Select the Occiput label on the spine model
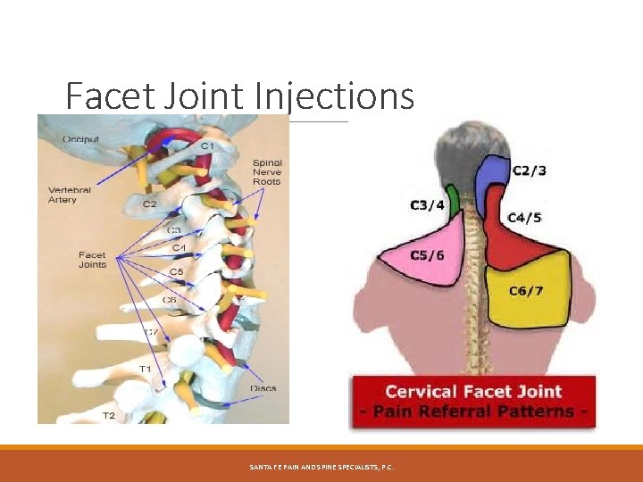(80, 138)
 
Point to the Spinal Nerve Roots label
(267, 172)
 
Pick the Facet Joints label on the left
(92, 260)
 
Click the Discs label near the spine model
(263, 388)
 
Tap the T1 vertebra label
(145, 369)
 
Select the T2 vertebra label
(108, 415)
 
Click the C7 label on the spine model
(152, 332)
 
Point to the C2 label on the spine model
(150, 204)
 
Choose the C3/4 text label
(427, 205)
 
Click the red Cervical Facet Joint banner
(473, 401)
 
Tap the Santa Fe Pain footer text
(321, 467)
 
